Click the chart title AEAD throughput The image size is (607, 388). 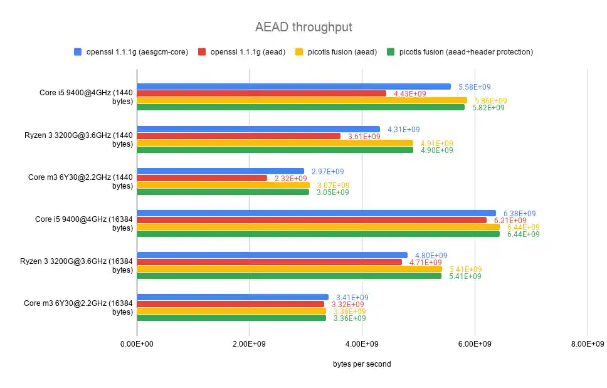[303, 27]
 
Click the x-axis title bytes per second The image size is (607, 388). [362, 364]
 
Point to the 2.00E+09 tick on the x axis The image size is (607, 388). [250, 344]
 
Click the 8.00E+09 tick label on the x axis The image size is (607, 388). [587, 344]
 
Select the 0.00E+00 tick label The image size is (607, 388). [137, 344]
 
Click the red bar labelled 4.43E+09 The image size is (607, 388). [261, 93]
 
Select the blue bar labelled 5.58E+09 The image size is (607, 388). [293, 87]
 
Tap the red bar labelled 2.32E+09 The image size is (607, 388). [202, 178]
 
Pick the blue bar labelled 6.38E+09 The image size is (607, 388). [316, 213]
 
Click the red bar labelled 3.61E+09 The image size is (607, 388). [238, 136]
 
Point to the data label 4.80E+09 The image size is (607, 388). [431, 255]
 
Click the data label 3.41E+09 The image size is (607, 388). [352, 297]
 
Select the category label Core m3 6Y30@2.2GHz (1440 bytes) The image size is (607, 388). [81, 181]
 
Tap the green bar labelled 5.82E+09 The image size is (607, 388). [300, 107]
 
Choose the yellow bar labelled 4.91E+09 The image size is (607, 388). [275, 143]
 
